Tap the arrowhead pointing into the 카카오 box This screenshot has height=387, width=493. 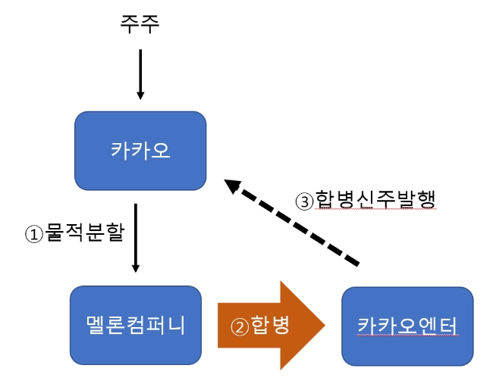point(140,95)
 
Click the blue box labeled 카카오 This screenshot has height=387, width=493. point(140,150)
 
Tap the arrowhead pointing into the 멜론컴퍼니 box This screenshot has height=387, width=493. point(136,267)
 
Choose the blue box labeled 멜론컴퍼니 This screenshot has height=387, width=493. point(136,324)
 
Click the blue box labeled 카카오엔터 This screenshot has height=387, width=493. point(407,325)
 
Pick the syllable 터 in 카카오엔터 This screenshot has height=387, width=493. point(448,325)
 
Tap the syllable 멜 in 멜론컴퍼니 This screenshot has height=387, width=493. point(94,324)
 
